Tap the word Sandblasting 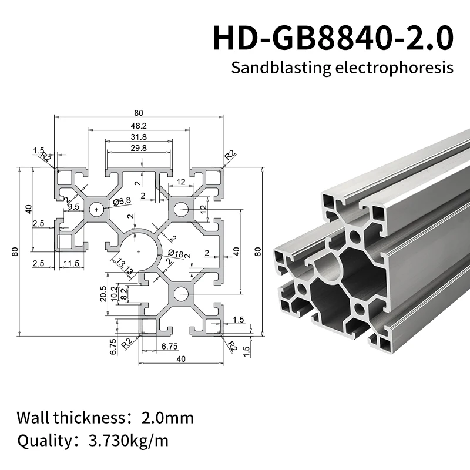274,68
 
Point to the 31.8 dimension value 139,137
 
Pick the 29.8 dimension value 139,148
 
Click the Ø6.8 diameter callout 121,202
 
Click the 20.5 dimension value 103,293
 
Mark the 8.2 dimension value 123,293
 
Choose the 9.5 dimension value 73,206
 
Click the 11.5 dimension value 72,263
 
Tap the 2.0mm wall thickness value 167,418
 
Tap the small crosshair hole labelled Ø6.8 96,209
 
